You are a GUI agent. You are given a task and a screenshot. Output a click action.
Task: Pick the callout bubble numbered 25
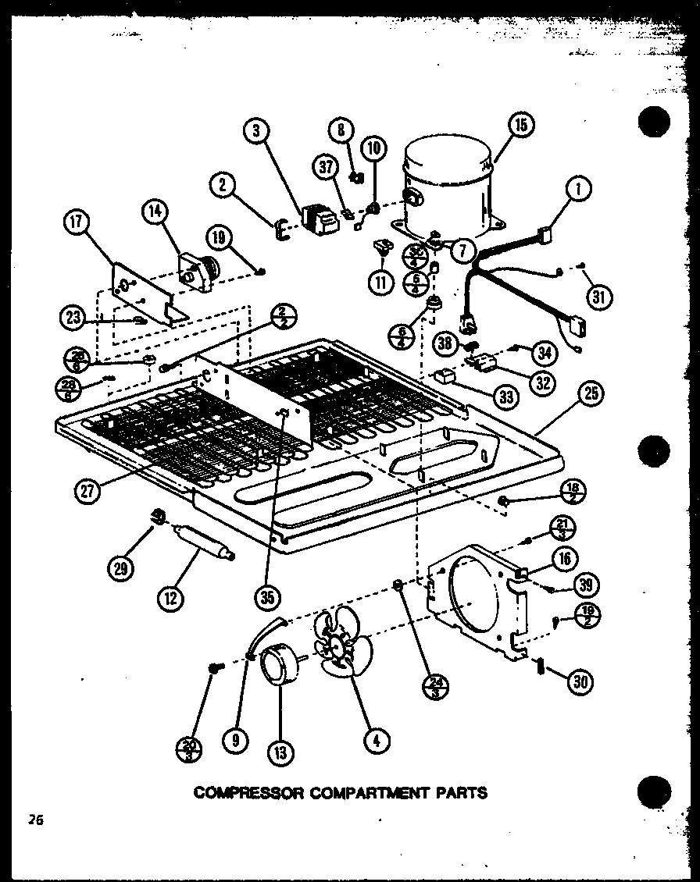pos(591,393)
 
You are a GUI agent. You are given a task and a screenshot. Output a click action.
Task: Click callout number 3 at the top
pos(256,131)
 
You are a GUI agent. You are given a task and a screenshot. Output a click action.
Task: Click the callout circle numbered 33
pos(507,397)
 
